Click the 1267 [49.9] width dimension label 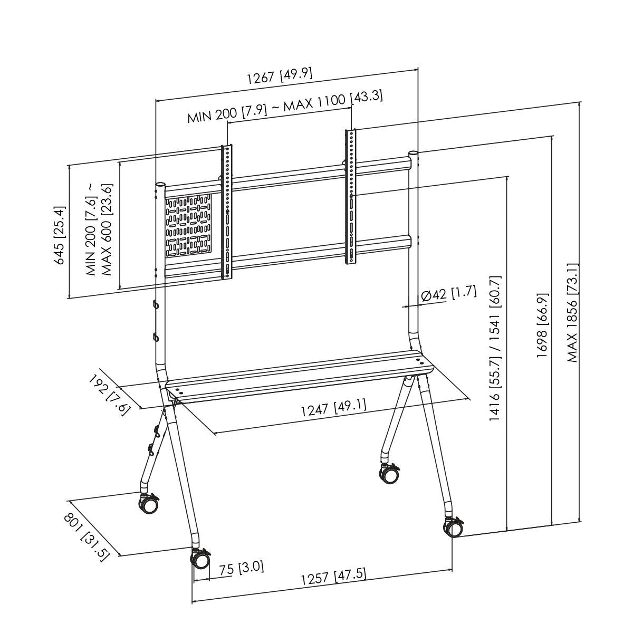click(x=280, y=76)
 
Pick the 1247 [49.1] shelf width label click(x=333, y=408)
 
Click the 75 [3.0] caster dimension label click(x=241, y=568)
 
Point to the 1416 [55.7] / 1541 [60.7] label click(x=495, y=348)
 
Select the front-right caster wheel click(x=454, y=527)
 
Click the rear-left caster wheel click(x=148, y=504)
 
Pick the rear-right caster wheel click(x=389, y=473)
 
